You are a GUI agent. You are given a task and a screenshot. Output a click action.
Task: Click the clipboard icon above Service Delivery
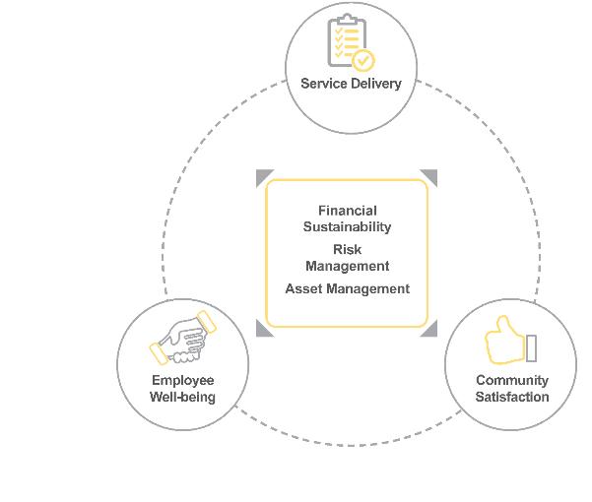[x=348, y=41]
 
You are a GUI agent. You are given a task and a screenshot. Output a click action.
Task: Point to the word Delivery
[x=376, y=84]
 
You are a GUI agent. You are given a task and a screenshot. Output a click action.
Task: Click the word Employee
[x=182, y=381]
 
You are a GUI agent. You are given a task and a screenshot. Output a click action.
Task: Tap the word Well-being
[x=182, y=398]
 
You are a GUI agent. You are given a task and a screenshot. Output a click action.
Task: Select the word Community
[x=512, y=381]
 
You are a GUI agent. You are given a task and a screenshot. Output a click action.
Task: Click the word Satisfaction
[x=512, y=398]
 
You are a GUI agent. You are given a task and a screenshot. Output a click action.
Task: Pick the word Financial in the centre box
[x=348, y=211]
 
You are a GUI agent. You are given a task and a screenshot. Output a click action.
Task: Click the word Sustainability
[x=348, y=227]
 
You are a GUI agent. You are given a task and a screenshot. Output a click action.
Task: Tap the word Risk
[x=348, y=250]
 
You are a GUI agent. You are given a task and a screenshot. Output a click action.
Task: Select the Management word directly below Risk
[x=348, y=266]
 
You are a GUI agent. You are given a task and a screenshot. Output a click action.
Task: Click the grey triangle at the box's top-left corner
[x=263, y=176]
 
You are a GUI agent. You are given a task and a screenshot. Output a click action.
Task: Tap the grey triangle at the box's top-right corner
[x=430, y=176]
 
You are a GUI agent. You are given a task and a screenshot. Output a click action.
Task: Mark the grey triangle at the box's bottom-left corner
[x=263, y=329]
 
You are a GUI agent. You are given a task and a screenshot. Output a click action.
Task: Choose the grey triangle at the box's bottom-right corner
[x=430, y=329]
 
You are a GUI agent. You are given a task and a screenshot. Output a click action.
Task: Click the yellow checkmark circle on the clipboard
[x=362, y=60]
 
